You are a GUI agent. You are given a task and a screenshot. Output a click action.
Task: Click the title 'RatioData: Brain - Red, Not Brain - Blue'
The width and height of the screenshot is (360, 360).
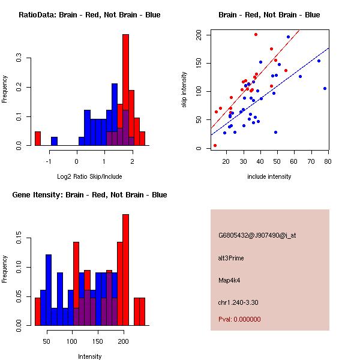pyautogui.click(x=89, y=14)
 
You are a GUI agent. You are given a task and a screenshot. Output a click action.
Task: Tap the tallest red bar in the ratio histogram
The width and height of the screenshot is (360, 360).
pyautogui.click(x=125, y=90)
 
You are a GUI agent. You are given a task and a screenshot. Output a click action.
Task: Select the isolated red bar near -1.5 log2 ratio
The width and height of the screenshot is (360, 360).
pyautogui.click(x=37, y=139)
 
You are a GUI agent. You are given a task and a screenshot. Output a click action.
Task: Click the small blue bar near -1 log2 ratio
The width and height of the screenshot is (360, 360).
pyautogui.click(x=54, y=142)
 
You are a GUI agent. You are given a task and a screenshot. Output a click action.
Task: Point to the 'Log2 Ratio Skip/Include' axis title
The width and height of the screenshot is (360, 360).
pyautogui.click(x=90, y=176)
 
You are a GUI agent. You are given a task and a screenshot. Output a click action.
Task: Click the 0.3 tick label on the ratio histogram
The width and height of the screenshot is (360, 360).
pyautogui.click(x=20, y=59)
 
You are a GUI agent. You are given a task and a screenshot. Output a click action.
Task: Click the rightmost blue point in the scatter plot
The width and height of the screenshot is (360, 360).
pyautogui.click(x=325, y=88)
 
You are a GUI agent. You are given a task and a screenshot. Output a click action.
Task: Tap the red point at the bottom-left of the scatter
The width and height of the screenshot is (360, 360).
pyautogui.click(x=215, y=145)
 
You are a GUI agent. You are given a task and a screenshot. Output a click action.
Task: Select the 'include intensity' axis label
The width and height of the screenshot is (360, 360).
pyautogui.click(x=269, y=176)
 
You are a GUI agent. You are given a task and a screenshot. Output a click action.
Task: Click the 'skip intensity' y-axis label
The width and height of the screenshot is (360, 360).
pyautogui.click(x=184, y=90)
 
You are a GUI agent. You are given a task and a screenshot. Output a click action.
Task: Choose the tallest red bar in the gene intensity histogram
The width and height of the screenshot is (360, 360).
pyautogui.click(x=125, y=270)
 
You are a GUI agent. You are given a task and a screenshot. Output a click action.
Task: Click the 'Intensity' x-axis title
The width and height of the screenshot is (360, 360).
pyautogui.click(x=90, y=356)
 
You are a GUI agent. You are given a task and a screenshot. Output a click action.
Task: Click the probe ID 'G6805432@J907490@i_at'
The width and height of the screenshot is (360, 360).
pyautogui.click(x=257, y=235)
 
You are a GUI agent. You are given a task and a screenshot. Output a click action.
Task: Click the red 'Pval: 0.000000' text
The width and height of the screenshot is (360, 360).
pyautogui.click(x=240, y=319)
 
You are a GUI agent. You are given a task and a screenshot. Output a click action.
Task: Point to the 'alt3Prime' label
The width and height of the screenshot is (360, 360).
pyautogui.click(x=231, y=258)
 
